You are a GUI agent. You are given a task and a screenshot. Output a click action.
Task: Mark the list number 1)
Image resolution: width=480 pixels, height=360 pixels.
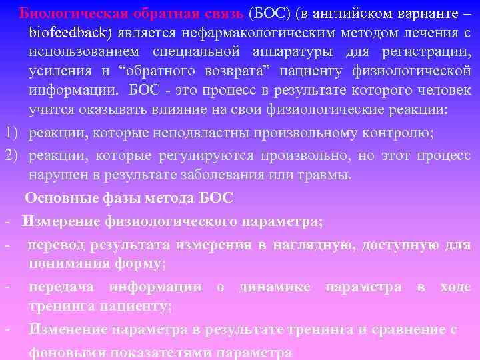12,132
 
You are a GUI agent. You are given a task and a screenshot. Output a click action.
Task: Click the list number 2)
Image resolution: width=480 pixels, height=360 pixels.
12,157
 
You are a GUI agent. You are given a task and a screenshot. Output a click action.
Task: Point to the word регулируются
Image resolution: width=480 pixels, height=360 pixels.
207,157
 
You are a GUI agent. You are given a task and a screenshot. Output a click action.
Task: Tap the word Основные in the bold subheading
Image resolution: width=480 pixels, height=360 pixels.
59,198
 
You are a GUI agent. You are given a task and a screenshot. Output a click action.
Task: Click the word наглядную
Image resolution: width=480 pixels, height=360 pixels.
311,245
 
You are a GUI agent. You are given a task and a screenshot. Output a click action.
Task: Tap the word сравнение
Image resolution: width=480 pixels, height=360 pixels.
411,329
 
